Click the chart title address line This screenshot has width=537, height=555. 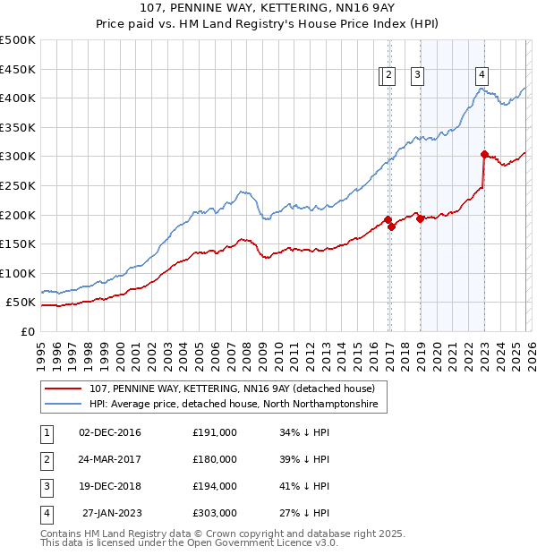pos(268,9)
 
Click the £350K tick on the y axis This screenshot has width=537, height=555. pos(18,127)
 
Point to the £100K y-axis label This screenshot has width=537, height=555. pos(18,273)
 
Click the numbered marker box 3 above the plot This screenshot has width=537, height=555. pos(418,76)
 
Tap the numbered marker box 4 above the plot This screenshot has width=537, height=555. pos(482,76)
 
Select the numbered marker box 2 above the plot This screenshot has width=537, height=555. pos(389,76)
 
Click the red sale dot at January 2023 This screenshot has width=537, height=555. pos(484,154)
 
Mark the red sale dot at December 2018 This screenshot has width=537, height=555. pos(420,218)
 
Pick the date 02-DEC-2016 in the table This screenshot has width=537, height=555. pos(109,432)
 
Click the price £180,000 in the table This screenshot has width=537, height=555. pos(215,459)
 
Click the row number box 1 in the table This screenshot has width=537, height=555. pos(46,432)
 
